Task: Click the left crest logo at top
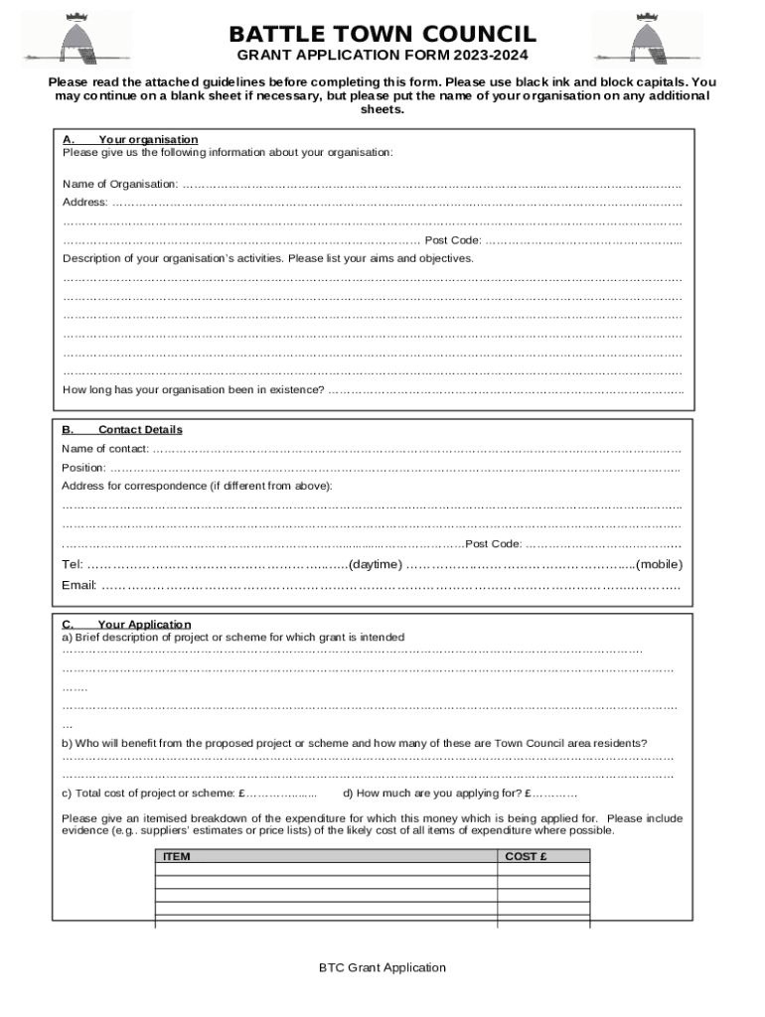tap(89, 37)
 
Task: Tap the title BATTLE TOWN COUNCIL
tap(382, 35)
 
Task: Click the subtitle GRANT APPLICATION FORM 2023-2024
tap(382, 56)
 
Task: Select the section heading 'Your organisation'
tap(148, 139)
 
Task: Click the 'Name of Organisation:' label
tap(120, 184)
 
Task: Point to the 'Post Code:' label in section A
tap(453, 240)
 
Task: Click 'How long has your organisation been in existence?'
tap(194, 389)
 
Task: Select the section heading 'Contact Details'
tap(140, 430)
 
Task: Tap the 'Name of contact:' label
tap(105, 449)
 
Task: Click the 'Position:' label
tap(83, 468)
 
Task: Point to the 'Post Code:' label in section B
tap(494, 543)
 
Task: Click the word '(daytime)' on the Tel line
tap(375, 564)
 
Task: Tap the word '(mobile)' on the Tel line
tap(659, 564)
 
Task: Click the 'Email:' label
tap(78, 584)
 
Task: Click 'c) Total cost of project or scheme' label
tap(149, 794)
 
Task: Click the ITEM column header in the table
tap(177, 856)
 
